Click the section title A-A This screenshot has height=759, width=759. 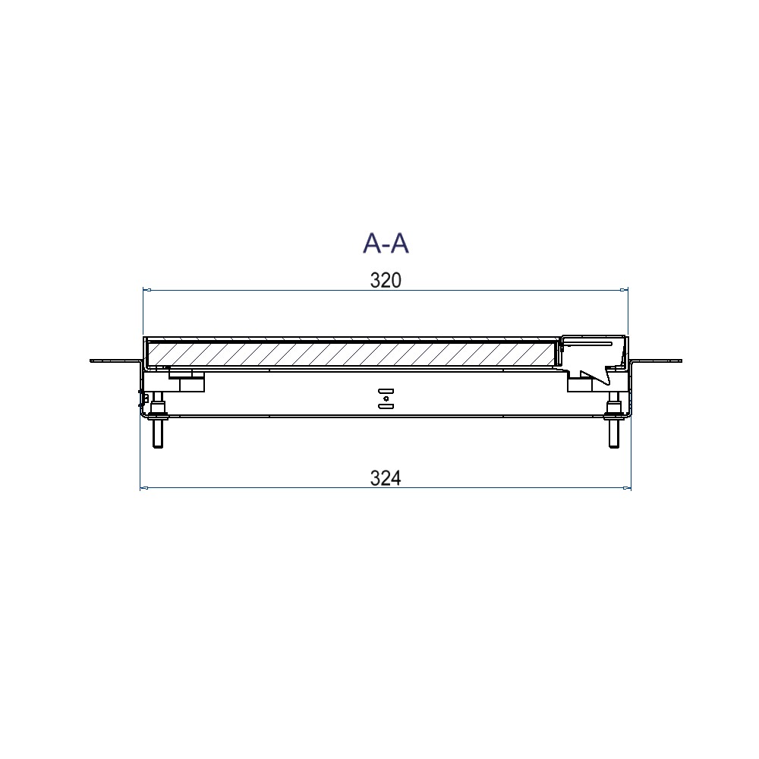point(386,243)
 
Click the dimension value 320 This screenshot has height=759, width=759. point(386,280)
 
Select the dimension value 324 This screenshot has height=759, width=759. point(386,478)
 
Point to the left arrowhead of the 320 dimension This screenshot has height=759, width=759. point(147,290)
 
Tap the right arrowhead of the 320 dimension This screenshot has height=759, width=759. point(623,290)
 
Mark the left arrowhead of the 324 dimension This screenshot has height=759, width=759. point(144,488)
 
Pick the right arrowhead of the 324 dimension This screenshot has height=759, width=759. point(626,488)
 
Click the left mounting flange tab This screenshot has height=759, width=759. point(115,361)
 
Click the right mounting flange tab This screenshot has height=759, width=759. point(657,361)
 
